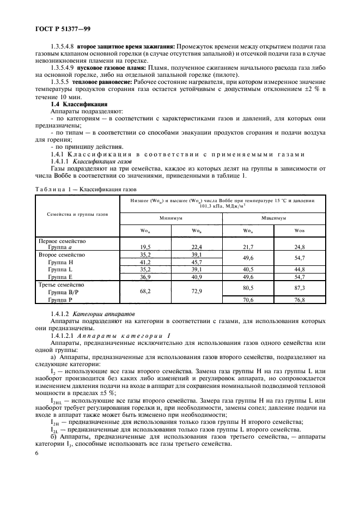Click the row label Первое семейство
62,240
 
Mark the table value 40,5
248,269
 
